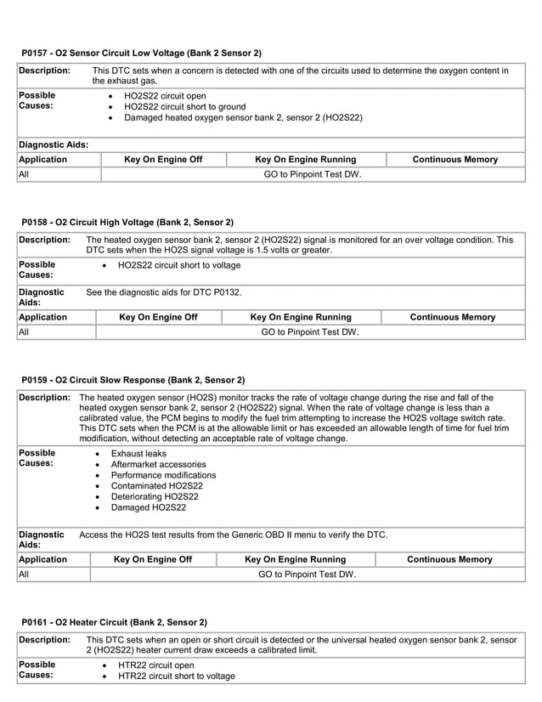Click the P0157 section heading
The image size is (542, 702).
pos(141,53)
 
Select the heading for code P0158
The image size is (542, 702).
pos(127,222)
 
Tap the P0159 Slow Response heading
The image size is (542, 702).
pos(133,379)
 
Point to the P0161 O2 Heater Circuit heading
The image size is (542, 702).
pos(114,622)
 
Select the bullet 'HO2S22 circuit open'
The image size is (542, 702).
pos(165,95)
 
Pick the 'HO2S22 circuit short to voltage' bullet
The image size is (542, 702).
pos(179,265)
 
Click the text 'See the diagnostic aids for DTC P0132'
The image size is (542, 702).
pos(164,292)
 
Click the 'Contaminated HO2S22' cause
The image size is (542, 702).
pos(157,486)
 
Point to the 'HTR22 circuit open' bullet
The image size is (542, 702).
pos(156,665)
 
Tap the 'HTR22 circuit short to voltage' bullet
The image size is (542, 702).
pos(177,677)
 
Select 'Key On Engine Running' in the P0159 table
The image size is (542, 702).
pos(295,559)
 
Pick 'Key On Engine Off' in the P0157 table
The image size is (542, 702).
pos(163,160)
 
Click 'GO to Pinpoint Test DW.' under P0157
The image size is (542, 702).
pos(312,174)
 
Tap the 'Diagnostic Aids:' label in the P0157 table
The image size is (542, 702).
pos(53,144)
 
